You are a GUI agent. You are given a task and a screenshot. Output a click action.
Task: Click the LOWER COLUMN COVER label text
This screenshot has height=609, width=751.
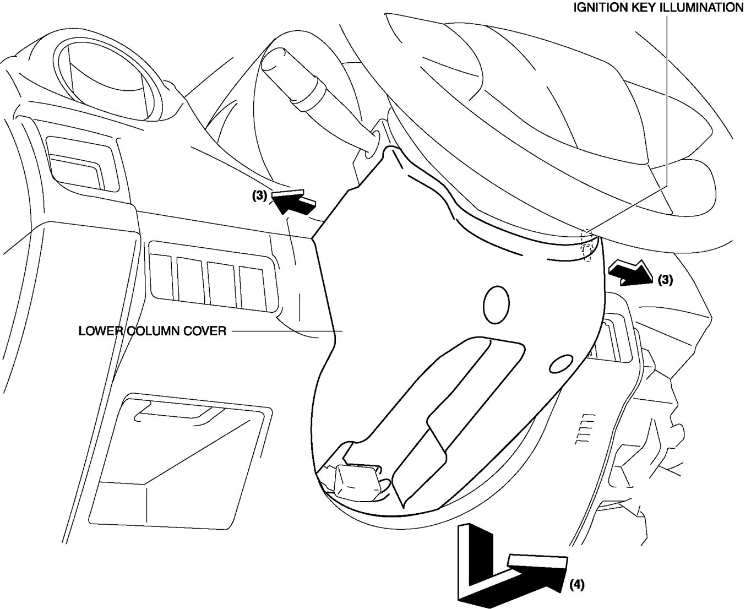[x=153, y=331]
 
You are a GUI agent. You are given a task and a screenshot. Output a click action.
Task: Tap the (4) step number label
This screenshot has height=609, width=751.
[x=576, y=584]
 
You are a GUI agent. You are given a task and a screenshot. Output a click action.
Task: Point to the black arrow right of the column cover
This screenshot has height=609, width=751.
[x=630, y=273]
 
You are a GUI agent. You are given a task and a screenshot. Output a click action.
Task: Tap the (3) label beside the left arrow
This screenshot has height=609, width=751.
[x=260, y=195]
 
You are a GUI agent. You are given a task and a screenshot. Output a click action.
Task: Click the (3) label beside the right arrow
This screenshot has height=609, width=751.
[x=665, y=280]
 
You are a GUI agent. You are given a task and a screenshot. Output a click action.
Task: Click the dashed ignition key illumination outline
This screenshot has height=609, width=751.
[x=587, y=246]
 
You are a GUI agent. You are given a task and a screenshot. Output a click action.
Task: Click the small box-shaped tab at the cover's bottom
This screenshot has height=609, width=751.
[x=357, y=480]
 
